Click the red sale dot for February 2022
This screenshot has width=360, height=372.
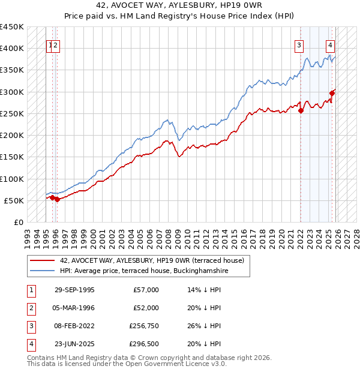click(x=301, y=110)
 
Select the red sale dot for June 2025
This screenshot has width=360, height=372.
click(x=332, y=93)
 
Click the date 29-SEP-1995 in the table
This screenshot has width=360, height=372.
click(x=74, y=290)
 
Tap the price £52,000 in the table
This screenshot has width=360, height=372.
click(x=146, y=308)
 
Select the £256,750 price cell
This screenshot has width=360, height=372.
click(x=144, y=326)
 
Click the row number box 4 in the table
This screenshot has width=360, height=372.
click(x=30, y=344)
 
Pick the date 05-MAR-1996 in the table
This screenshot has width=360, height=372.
click(x=74, y=308)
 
